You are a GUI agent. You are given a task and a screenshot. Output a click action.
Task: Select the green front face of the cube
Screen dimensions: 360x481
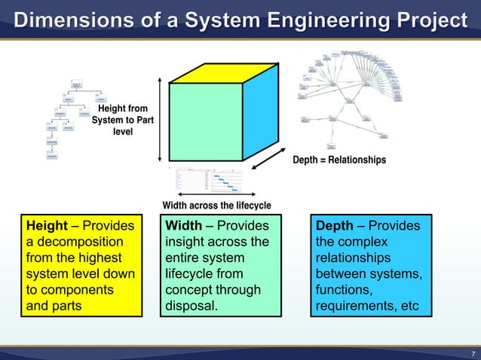[x=205, y=121]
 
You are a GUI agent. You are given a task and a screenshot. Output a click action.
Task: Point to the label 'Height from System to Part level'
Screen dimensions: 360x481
[x=120, y=121]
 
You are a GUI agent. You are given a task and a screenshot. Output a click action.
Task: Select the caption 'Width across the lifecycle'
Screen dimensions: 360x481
[x=216, y=206]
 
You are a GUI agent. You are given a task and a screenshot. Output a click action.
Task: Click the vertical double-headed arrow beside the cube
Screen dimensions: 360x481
[x=160, y=116]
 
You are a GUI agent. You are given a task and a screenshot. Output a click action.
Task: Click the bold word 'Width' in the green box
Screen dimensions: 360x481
[x=183, y=226]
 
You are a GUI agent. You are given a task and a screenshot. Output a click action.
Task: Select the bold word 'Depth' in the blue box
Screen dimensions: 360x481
[x=335, y=226]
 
